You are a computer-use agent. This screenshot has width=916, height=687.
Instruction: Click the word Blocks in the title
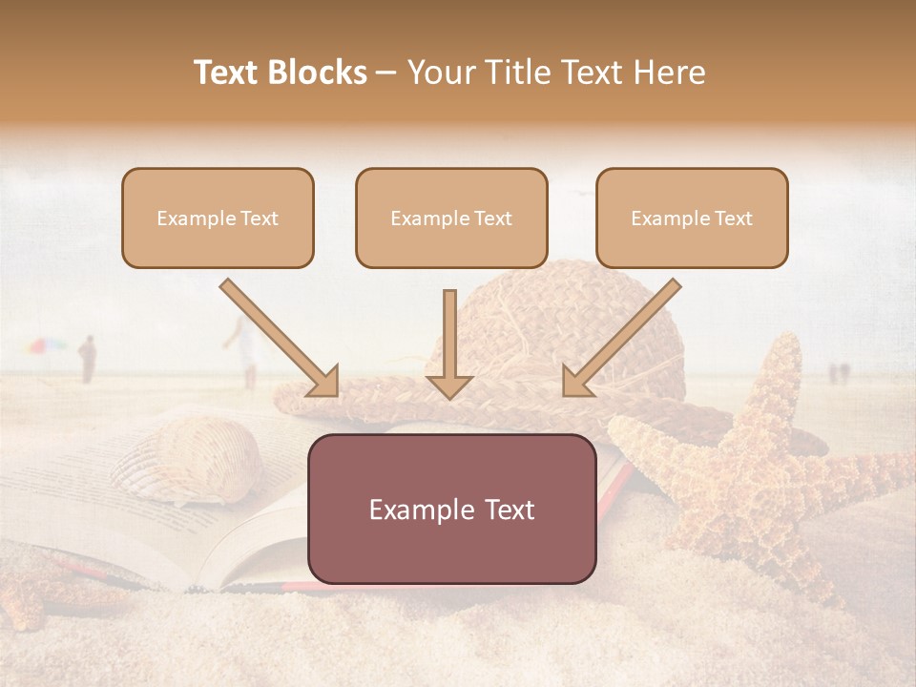pyautogui.click(x=318, y=73)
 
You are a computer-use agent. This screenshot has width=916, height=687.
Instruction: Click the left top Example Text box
pyautogui.click(x=218, y=218)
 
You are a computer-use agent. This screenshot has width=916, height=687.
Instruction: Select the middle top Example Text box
pyautogui.click(x=451, y=218)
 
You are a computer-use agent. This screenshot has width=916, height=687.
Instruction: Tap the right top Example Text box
pyautogui.click(x=692, y=218)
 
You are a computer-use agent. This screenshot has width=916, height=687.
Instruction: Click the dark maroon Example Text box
pyautogui.click(x=451, y=509)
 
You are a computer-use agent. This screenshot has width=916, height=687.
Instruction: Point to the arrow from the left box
pyautogui.click(x=278, y=336)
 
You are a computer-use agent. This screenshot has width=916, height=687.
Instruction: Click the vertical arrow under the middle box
pyautogui.click(x=449, y=343)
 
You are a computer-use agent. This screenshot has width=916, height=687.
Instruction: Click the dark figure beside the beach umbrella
pyautogui.click(x=87, y=359)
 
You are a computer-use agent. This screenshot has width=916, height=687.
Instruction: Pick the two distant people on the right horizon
pyautogui.click(x=837, y=372)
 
